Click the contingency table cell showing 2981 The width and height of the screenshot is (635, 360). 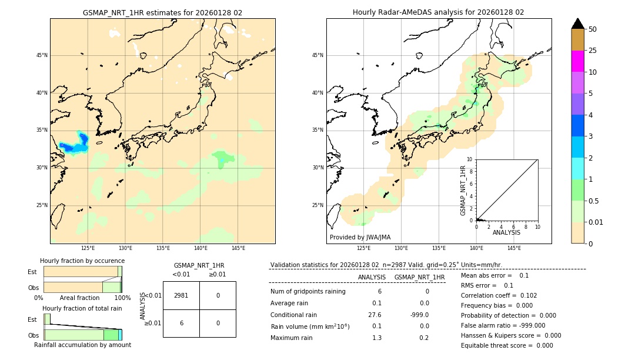click(x=181, y=295)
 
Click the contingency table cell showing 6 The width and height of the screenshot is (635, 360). click(x=181, y=323)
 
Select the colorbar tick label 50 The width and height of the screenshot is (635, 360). click(x=593, y=29)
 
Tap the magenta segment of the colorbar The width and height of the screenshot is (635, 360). click(x=578, y=61)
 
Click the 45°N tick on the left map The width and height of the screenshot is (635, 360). click(x=42, y=55)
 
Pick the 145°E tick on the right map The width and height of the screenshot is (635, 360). click(x=514, y=248)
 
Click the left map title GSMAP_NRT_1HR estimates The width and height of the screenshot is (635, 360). click(x=162, y=12)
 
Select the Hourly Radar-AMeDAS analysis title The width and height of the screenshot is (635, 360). click(x=438, y=12)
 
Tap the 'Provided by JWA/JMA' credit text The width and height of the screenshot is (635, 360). click(x=360, y=237)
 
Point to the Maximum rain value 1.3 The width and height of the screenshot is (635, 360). click(x=377, y=338)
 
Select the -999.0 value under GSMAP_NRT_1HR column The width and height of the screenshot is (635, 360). click(x=419, y=315)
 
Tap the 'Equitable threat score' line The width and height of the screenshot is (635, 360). click(x=507, y=345)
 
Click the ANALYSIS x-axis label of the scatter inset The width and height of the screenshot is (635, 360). click(x=506, y=233)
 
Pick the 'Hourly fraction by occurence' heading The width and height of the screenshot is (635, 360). click(x=82, y=261)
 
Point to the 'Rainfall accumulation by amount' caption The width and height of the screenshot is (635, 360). click(x=82, y=345)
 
